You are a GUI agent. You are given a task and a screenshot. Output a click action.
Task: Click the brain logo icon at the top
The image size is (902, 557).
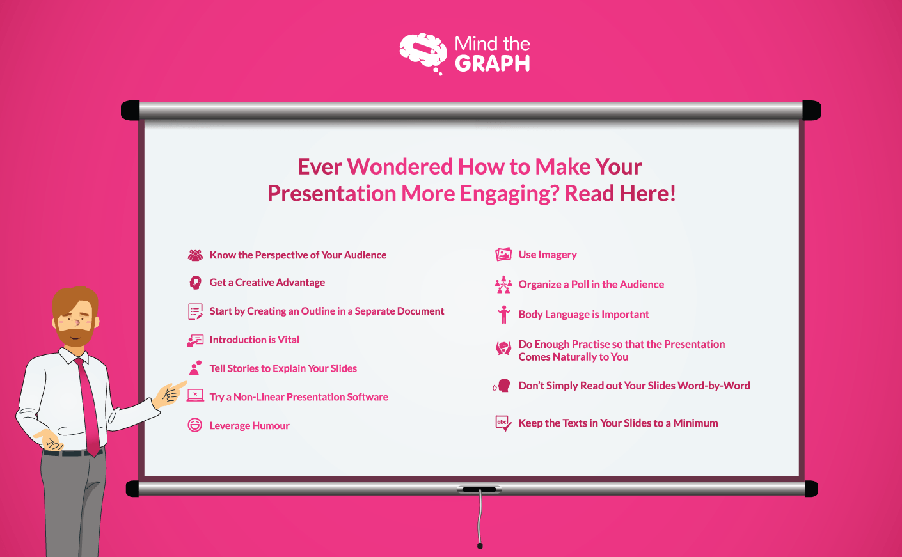click(x=423, y=52)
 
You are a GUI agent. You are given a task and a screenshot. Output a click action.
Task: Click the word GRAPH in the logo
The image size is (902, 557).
click(x=492, y=63)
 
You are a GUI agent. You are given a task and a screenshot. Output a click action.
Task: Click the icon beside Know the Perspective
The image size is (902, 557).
click(x=195, y=255)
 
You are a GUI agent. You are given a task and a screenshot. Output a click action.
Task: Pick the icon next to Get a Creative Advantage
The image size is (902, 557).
click(x=195, y=283)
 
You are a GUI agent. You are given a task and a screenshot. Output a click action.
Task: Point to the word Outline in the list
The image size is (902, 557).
click(x=318, y=311)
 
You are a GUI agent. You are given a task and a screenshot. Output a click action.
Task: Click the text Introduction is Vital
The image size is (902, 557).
click(x=254, y=340)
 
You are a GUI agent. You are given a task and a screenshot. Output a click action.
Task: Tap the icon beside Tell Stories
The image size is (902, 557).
click(x=195, y=368)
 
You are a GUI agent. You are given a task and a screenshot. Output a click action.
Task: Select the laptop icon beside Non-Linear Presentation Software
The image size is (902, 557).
click(x=195, y=396)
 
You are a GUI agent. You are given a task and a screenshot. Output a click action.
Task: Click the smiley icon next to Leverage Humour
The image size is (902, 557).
click(x=195, y=425)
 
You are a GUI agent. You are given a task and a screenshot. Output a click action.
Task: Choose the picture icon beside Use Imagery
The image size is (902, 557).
click(x=503, y=255)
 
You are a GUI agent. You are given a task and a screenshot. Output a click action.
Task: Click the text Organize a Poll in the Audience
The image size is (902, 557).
click(x=590, y=285)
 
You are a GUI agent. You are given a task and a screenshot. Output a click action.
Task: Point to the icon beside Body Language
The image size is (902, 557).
click(x=504, y=314)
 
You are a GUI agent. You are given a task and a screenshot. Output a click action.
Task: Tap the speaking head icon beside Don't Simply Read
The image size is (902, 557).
click(x=503, y=386)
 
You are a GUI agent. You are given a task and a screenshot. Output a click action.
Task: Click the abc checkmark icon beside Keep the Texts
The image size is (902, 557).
click(x=503, y=423)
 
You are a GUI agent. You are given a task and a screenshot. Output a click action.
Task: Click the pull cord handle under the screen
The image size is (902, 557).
click(x=480, y=545)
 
